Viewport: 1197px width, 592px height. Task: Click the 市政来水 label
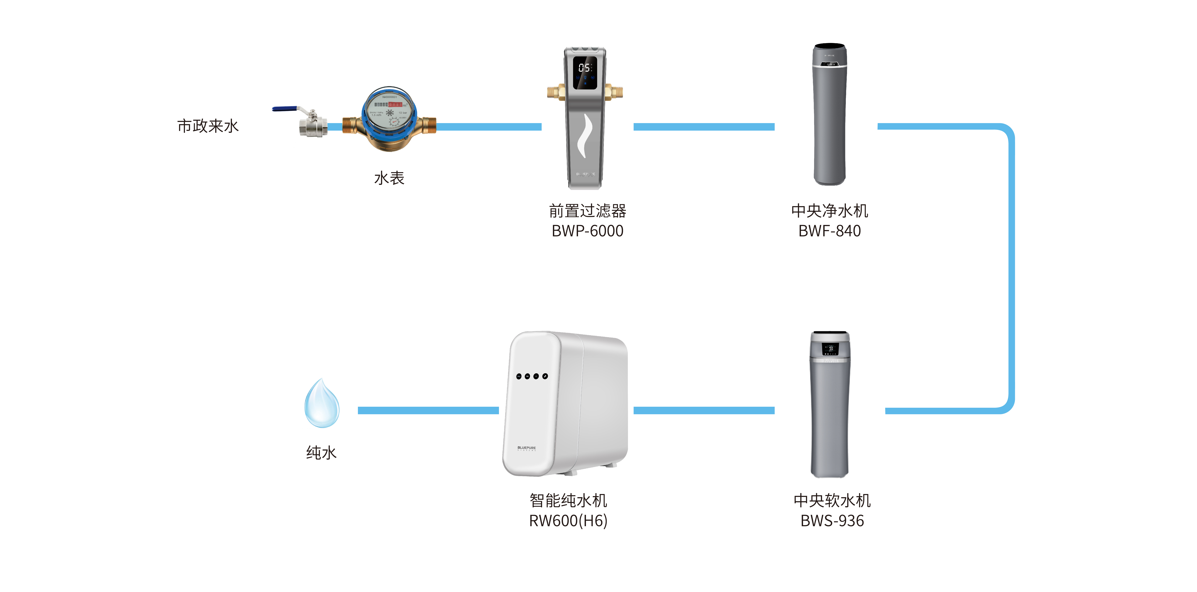tap(208, 126)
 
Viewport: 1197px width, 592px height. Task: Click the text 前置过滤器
tap(587, 211)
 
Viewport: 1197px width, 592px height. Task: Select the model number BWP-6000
tap(587, 231)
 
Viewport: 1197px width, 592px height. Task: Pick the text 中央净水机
tap(829, 211)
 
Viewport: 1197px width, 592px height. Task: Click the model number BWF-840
tap(829, 231)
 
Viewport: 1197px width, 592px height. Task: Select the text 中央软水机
tap(832, 500)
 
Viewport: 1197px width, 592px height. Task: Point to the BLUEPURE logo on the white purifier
tap(527, 448)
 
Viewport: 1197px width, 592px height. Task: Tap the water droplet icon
tap(322, 403)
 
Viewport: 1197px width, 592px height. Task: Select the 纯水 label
tap(321, 453)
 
